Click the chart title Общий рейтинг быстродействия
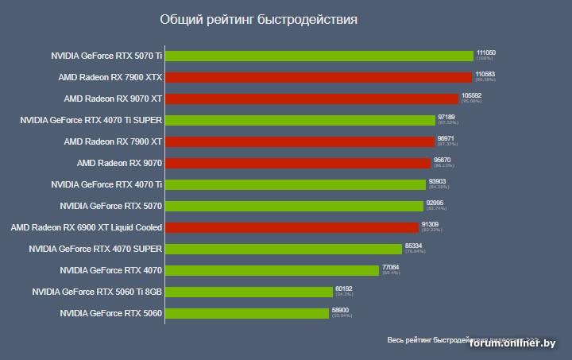[x=258, y=19]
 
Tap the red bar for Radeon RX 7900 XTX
[x=319, y=77]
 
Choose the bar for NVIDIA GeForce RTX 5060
[x=247, y=313]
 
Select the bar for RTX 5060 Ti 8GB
[x=249, y=292]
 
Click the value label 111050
[x=486, y=52]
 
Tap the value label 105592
[x=471, y=95]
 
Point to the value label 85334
[x=413, y=246]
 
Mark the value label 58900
[x=340, y=310]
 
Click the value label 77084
[x=391, y=267]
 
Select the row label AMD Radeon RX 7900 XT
[x=113, y=141]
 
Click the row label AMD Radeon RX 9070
[x=119, y=163]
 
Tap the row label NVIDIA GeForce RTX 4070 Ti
[x=106, y=184]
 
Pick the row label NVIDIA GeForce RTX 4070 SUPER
[x=95, y=249]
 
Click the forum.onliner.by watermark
[x=512, y=343]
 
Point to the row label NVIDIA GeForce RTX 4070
[x=110, y=270]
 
